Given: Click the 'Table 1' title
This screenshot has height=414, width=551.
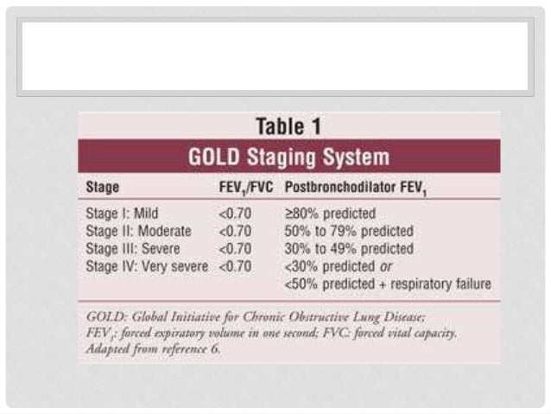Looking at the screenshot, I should pos(288,125).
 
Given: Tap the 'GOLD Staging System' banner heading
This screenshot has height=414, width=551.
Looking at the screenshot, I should pos(288,157).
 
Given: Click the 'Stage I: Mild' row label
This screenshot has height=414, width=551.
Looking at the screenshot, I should pos(123,213).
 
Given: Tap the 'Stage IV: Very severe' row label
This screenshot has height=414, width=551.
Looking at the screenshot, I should pos(147,266).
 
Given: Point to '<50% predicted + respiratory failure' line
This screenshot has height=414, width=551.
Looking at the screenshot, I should pos(388,284).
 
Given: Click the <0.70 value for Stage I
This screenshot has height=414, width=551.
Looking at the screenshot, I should pos(235,213).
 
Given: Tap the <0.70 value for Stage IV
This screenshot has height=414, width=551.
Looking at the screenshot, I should pos(235,266).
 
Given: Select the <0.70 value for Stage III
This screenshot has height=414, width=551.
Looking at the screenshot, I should pos(235,249).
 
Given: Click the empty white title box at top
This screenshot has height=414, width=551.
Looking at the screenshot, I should pos(275,57).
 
